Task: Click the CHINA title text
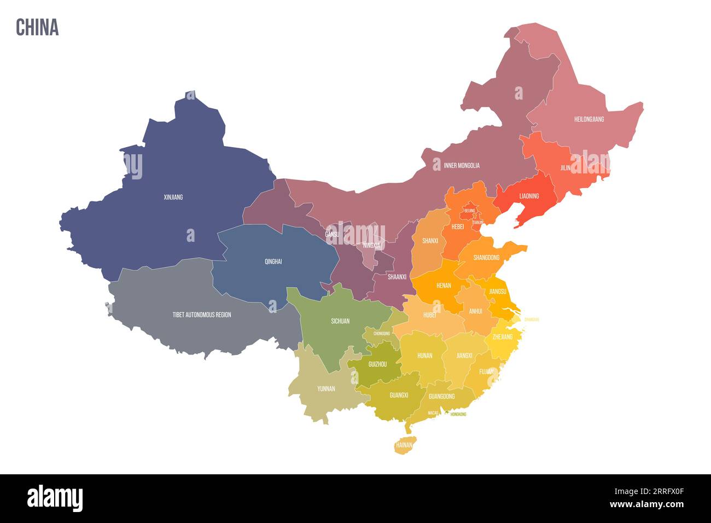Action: tap(37, 27)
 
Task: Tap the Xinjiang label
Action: tap(173, 197)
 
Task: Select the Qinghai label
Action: tap(273, 261)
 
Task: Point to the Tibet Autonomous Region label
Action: tap(202, 315)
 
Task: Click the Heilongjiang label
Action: tap(589, 119)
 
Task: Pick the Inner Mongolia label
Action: tap(462, 165)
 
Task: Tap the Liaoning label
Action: tap(529, 196)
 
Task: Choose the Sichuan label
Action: tap(340, 321)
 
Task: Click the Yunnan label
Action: tap(326, 389)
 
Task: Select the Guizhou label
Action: tap(377, 364)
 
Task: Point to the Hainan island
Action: tap(404, 445)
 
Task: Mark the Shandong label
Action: tap(486, 257)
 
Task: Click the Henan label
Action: tap(444, 286)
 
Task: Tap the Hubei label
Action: tap(430, 315)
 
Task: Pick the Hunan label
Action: tap(424, 356)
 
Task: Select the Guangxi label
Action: tap(399, 395)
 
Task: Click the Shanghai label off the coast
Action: tap(532, 319)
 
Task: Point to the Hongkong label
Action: tap(458, 415)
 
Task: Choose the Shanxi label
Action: tap(430, 241)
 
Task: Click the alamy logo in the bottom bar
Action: tap(55, 498)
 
